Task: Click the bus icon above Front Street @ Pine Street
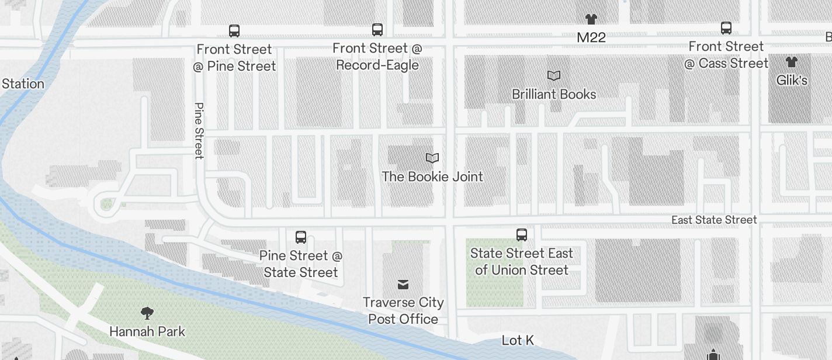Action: (234, 30)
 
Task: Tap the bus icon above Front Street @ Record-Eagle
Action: (377, 29)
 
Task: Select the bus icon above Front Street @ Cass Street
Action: (726, 27)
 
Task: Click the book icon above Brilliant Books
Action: (554, 75)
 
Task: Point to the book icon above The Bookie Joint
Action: (432, 158)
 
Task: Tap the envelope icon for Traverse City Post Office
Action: (403, 284)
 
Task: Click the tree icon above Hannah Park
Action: (147, 313)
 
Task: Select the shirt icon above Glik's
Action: (792, 62)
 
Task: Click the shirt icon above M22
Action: (591, 19)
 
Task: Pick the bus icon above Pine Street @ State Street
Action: (301, 237)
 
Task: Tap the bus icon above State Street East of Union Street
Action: (522, 235)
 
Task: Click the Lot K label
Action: (518, 340)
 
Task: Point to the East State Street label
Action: (714, 220)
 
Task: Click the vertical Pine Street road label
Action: (199, 131)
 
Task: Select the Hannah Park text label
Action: (147, 331)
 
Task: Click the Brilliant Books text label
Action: (554, 94)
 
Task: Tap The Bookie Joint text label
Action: (432, 176)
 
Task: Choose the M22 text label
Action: (591, 37)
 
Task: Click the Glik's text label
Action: (792, 80)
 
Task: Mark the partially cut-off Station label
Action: (22, 84)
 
